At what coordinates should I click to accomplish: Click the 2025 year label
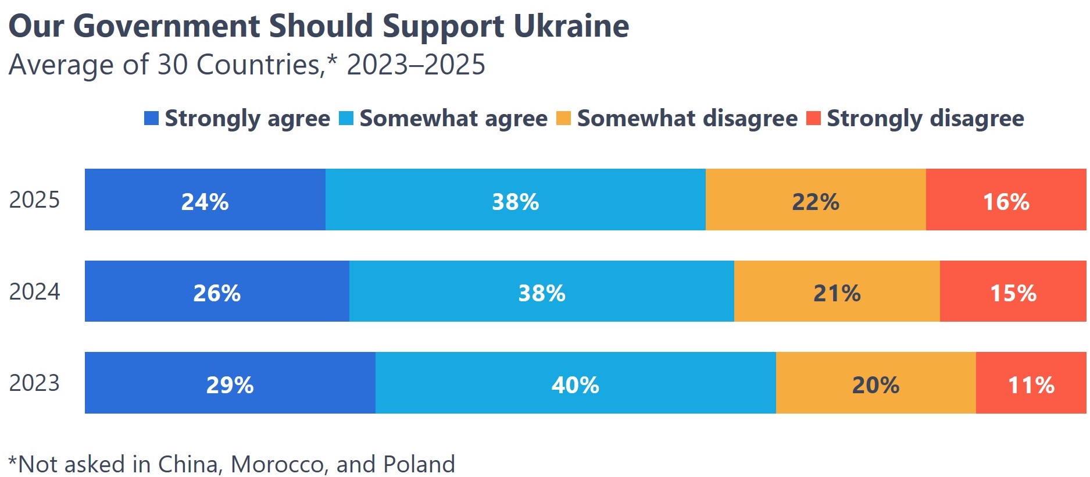point(34,200)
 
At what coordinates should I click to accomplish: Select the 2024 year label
point(34,291)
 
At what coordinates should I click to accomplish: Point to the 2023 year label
point(34,383)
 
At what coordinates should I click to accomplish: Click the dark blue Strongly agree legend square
point(151,118)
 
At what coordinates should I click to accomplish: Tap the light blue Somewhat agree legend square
point(346,118)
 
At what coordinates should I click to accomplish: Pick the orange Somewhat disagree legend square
point(563,118)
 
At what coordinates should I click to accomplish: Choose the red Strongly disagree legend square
point(813,118)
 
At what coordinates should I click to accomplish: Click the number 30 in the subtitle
point(172,65)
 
